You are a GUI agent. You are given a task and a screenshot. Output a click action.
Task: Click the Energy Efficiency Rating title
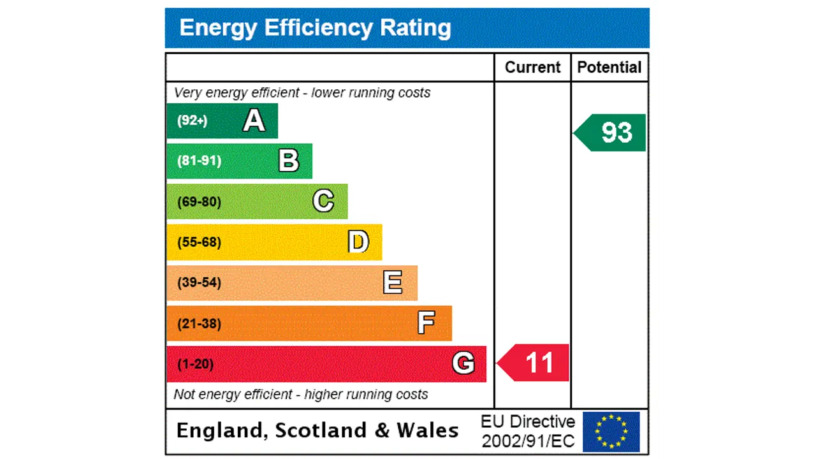coord(315,28)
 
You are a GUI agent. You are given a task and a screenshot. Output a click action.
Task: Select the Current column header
coord(532,68)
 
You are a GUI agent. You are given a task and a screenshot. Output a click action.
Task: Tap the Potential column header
coord(609,68)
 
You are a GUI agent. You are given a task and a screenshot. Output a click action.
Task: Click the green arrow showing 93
coord(612,133)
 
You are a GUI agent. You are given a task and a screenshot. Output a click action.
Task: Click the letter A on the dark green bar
coord(254,120)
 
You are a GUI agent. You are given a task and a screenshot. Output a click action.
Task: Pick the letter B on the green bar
coord(289,161)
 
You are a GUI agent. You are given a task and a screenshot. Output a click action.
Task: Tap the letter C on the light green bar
coord(323,201)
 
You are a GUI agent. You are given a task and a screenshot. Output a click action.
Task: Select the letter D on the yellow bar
coord(358,242)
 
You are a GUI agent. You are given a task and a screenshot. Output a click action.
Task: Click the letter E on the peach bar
coord(393,282)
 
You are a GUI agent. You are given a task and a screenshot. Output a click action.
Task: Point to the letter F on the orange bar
coord(426,323)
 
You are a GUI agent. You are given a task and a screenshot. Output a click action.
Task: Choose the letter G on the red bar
coord(463,363)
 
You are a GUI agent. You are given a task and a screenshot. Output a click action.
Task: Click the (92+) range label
coord(192,120)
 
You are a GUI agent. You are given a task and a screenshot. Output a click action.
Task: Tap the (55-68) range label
coord(199,242)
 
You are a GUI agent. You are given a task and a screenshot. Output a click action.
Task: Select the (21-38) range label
coord(199,323)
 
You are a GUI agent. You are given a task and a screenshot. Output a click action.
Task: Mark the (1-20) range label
coord(195,364)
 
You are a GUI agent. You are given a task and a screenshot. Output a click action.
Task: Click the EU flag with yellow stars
coord(611,432)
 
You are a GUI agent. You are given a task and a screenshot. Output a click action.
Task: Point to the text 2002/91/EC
coord(528,441)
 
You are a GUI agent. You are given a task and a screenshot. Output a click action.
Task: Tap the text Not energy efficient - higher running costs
coord(301,395)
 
